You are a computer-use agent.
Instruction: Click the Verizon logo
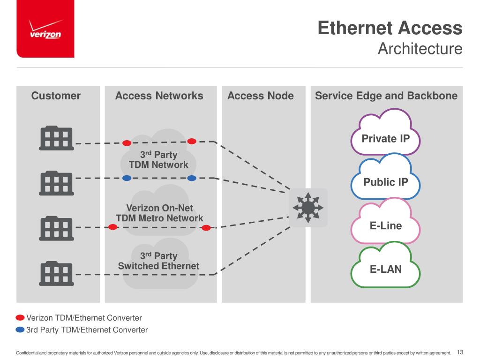click(45, 30)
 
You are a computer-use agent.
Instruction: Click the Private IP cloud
click(385, 139)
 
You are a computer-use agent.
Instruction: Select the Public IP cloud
click(386, 182)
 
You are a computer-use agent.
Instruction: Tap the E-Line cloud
click(386, 225)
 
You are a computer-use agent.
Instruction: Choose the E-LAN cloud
click(386, 269)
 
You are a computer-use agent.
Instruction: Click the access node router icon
click(307, 207)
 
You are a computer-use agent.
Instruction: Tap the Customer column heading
click(56, 96)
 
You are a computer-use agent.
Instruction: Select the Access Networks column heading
click(159, 96)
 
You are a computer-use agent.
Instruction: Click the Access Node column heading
click(261, 96)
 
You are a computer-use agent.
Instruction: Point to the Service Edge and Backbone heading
click(386, 96)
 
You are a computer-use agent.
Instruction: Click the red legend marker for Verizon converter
click(20, 318)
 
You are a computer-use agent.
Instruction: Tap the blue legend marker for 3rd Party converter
click(20, 330)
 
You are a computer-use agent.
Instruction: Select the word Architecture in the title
click(420, 49)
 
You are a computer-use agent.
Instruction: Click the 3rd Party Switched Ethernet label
click(158, 261)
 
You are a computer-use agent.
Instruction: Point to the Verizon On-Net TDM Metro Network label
click(159, 213)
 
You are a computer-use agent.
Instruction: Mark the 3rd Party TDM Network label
click(158, 159)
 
